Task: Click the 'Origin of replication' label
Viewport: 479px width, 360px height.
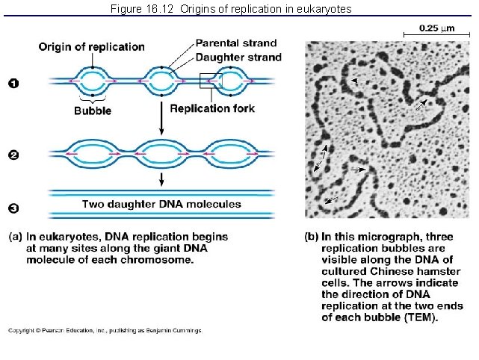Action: coord(91,47)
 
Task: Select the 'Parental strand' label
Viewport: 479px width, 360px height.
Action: coord(235,43)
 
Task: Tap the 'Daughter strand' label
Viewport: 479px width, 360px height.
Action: coord(238,57)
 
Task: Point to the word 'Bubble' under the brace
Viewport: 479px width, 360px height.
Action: coord(93,111)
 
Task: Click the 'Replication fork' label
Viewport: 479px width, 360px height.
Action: coord(212,109)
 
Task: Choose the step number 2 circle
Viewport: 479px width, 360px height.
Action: coord(13,155)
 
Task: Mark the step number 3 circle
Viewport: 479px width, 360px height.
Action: coord(13,208)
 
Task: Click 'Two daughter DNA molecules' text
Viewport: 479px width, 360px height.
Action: coord(161,204)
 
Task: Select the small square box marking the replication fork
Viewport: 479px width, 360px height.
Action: coord(210,80)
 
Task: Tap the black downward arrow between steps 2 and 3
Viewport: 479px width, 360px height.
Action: coord(162,179)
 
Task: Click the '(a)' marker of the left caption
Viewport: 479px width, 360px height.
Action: coord(15,237)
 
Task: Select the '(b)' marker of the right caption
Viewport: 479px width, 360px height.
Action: coord(312,237)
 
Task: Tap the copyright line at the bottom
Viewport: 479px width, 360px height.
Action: coord(105,330)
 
